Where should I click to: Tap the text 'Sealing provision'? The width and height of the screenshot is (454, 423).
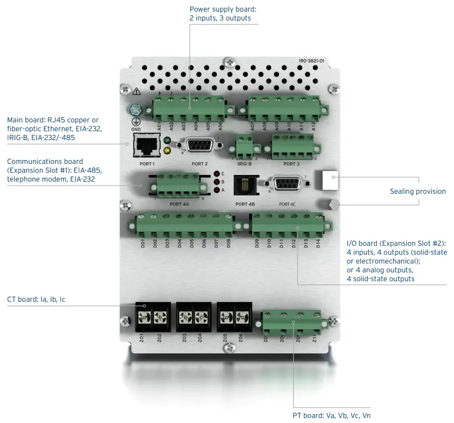(x=417, y=192)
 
